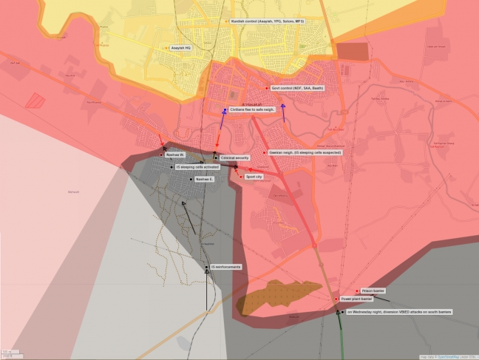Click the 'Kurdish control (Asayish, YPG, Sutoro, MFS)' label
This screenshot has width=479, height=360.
[x=268, y=21]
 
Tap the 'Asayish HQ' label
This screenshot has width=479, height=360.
[x=181, y=48]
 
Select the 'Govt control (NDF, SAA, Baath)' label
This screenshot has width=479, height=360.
[x=297, y=88]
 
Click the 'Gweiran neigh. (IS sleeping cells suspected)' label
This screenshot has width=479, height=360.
[x=305, y=152]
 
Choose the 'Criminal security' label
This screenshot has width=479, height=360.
[x=235, y=157]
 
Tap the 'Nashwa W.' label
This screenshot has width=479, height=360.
[x=175, y=154]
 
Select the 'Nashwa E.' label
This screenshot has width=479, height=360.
[x=205, y=179]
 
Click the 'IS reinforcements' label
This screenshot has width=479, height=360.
[x=225, y=266]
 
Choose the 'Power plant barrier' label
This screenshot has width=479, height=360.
[x=356, y=299]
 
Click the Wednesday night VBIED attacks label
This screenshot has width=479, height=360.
[x=399, y=312]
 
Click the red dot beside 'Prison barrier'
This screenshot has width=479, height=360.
[x=358, y=291]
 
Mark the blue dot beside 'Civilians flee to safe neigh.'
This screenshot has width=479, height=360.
[x=225, y=110]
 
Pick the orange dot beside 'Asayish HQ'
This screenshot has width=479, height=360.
[x=167, y=48]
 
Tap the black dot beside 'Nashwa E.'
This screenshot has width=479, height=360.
[x=191, y=179]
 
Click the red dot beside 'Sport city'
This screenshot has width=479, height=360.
[x=239, y=177]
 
